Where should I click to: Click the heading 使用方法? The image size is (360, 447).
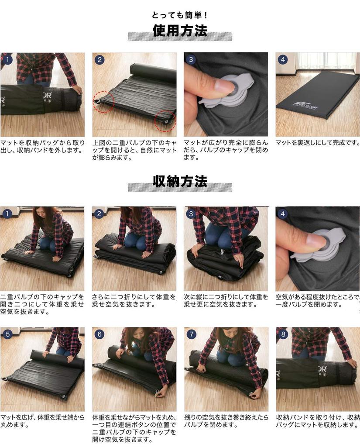(180, 31)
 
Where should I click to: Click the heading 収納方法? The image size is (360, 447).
(180, 181)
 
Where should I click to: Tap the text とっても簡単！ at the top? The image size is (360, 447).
(180, 15)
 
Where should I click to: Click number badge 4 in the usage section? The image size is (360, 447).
(283, 60)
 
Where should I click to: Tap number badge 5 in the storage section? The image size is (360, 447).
(7, 335)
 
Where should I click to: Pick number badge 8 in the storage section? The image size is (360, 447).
(283, 335)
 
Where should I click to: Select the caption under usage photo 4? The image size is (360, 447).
(318, 143)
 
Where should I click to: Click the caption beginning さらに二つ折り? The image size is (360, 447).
(134, 300)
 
